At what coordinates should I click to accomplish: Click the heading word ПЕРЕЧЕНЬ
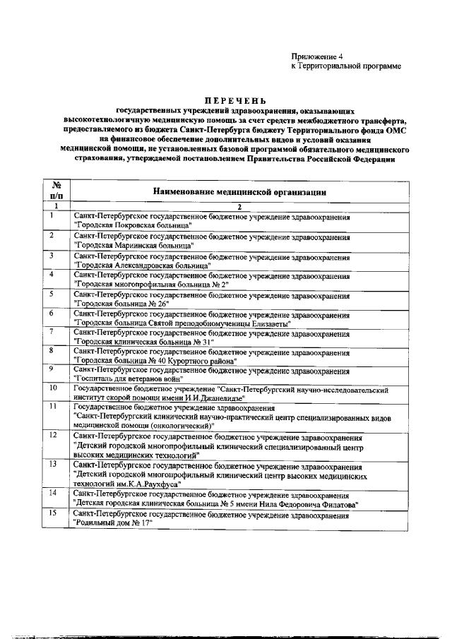click(x=225, y=101)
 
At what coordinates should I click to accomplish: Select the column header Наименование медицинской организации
click(x=240, y=191)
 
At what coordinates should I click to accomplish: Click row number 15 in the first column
click(x=54, y=513)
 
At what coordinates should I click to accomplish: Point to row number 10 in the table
click(x=54, y=388)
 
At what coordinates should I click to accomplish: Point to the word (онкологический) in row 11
click(x=177, y=426)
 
